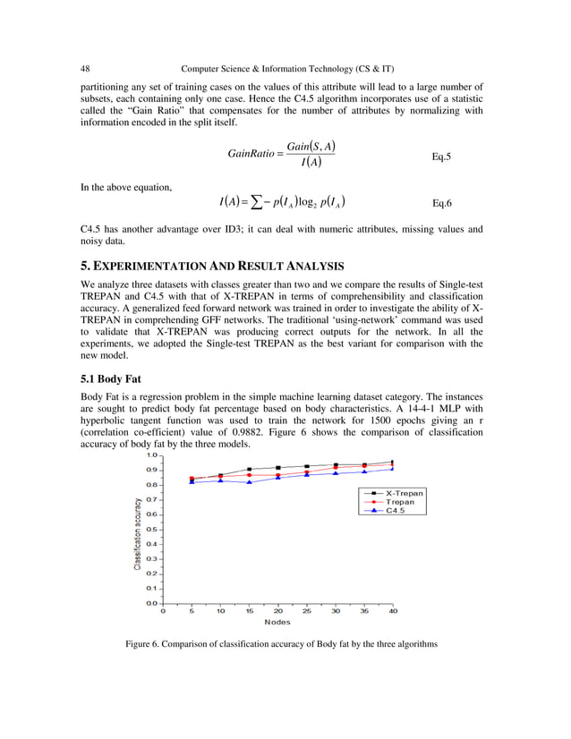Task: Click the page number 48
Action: (86, 68)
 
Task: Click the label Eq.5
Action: (441, 157)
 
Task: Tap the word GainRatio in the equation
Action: (251, 154)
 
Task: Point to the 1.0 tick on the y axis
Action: (151, 455)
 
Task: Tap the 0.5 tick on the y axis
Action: (151, 529)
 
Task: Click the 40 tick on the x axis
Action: (393, 611)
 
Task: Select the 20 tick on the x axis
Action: (277, 611)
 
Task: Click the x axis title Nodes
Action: (277, 622)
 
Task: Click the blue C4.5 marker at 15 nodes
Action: (249, 482)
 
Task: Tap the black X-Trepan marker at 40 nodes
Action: (393, 462)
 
